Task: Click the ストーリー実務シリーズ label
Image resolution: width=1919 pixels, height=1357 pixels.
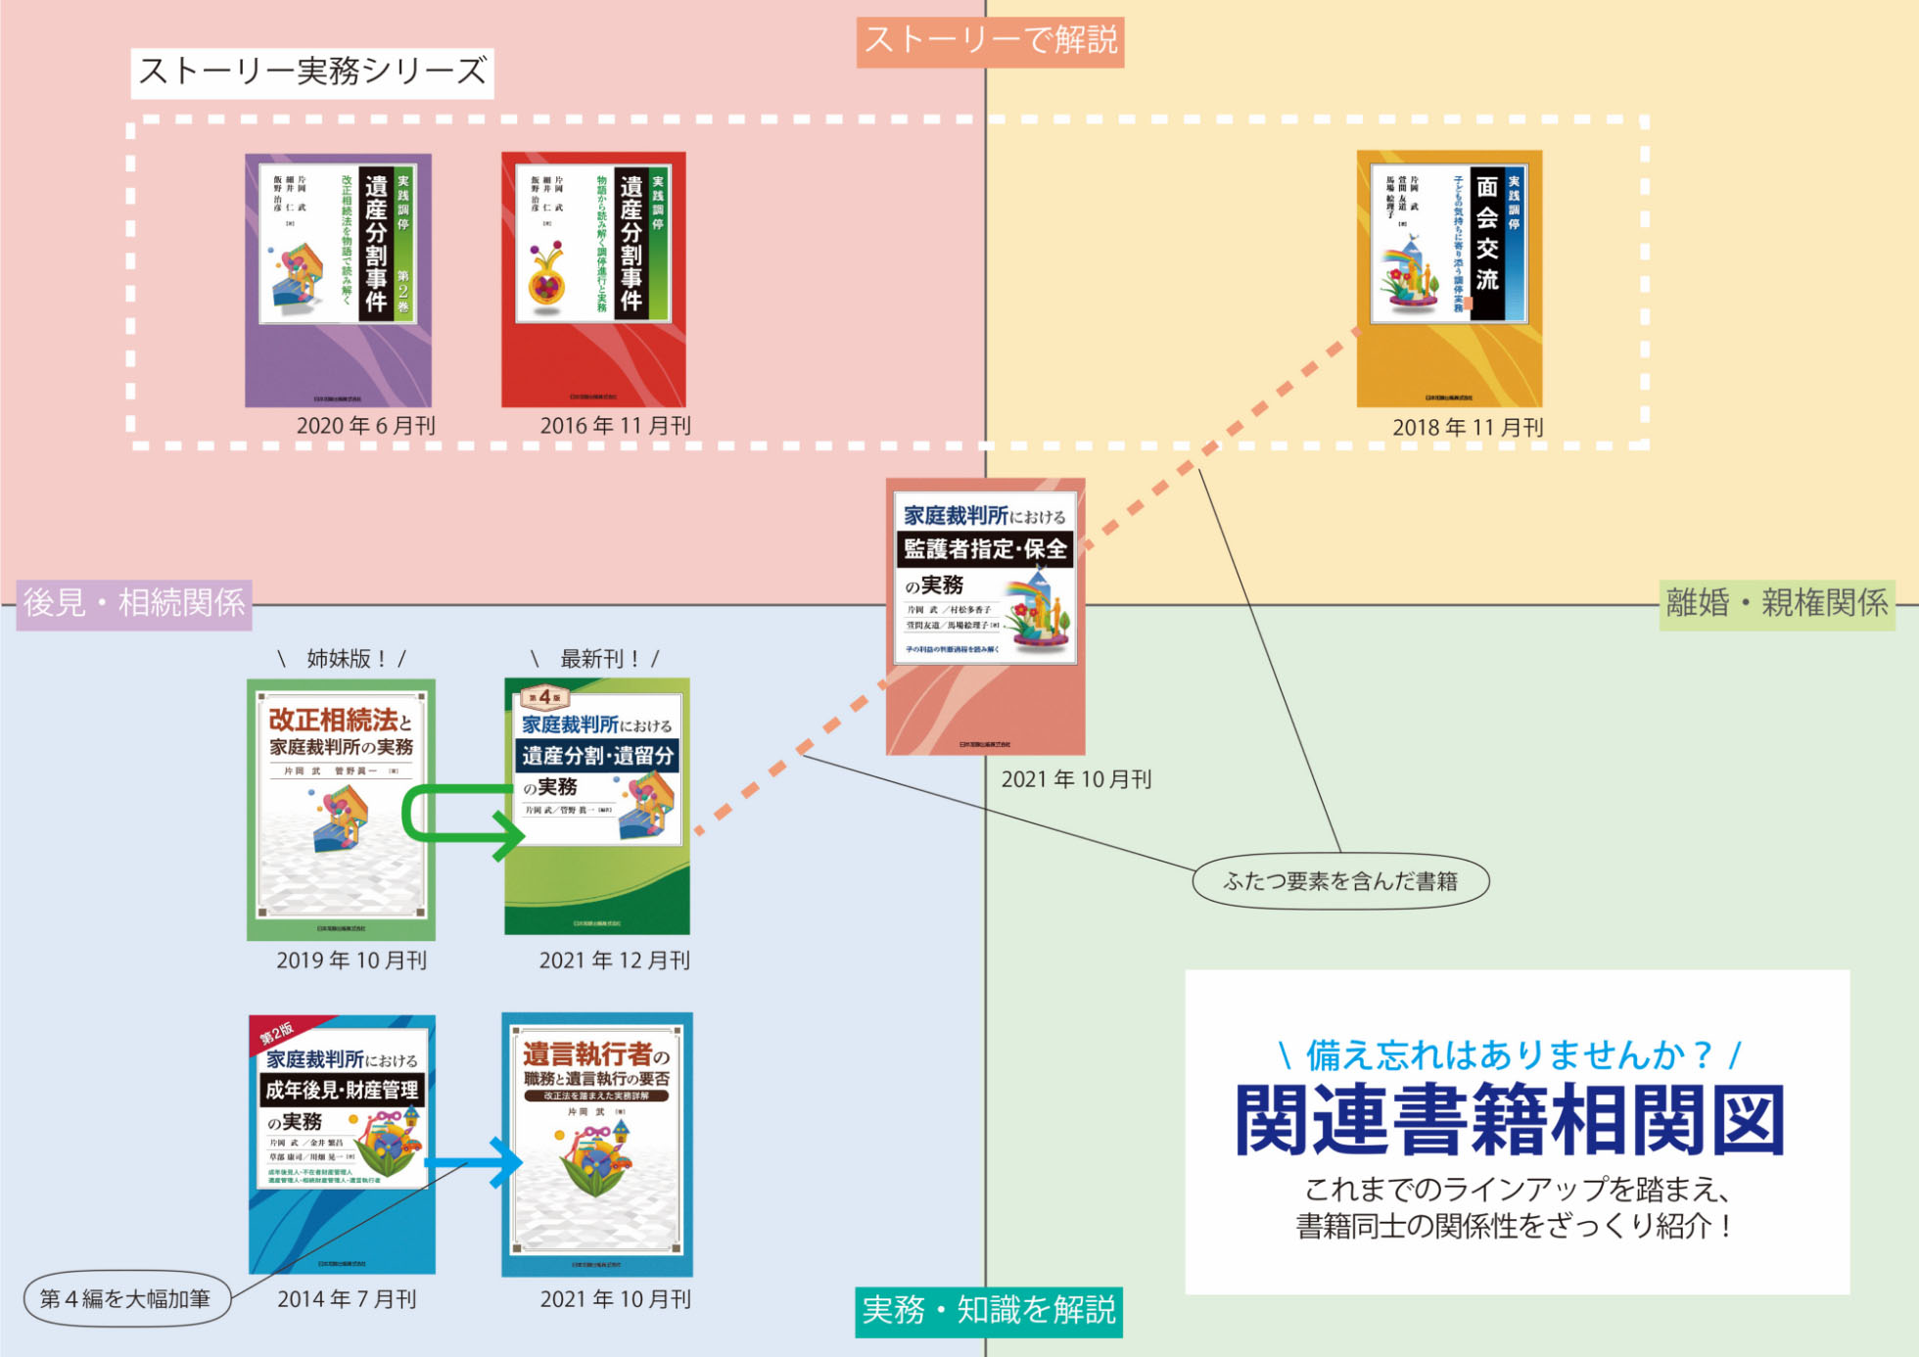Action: pos(312,72)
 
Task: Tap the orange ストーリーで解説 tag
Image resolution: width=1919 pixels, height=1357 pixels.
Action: pos(990,41)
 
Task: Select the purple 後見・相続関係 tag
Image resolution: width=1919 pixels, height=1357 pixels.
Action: pos(134,603)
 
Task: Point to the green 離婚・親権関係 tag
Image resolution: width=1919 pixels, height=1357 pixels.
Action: pos(1776,603)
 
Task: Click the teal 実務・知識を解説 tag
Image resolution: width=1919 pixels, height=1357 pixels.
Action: pos(989,1311)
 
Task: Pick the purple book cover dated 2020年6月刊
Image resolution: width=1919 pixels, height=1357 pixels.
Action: pos(338,280)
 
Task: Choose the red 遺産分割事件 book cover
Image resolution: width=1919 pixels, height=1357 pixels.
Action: pos(593,280)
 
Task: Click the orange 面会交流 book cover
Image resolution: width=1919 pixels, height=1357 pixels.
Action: pos(1449,279)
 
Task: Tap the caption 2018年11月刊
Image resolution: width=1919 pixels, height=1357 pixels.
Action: pos(1468,428)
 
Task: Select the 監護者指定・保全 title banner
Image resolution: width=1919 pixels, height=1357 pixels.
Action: pos(984,549)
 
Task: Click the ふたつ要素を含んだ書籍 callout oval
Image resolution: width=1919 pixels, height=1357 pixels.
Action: pos(1340,881)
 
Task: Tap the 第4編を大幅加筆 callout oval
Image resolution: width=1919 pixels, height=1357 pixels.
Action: pos(126,1299)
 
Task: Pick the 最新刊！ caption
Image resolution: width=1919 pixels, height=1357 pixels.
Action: pos(595,659)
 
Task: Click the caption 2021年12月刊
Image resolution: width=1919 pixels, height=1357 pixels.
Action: pos(615,960)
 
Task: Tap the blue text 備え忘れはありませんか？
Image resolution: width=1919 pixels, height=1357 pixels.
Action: pos(1509,1055)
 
